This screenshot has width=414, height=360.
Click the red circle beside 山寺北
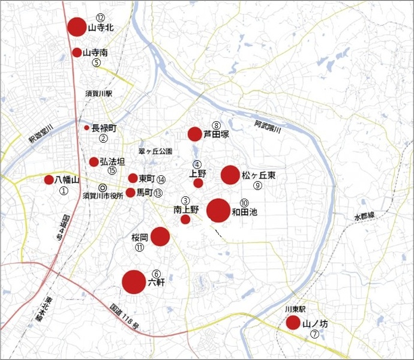tap(77, 27)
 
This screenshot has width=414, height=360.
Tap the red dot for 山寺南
tap(77, 52)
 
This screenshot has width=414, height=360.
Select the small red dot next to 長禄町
tap(86, 128)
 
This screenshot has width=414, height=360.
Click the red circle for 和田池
tap(218, 211)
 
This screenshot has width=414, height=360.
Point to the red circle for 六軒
tap(134, 282)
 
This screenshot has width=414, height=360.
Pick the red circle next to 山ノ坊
tap(293, 323)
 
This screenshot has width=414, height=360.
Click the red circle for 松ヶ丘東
tap(230, 175)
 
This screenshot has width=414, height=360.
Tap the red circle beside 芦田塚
tap(194, 134)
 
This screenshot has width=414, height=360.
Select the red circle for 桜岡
tap(160, 236)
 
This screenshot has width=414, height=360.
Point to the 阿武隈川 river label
tap(267, 125)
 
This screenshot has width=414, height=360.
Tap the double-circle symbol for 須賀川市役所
tap(103, 187)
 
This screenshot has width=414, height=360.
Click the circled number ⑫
tap(100, 18)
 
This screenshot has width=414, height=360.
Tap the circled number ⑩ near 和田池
tap(244, 203)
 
